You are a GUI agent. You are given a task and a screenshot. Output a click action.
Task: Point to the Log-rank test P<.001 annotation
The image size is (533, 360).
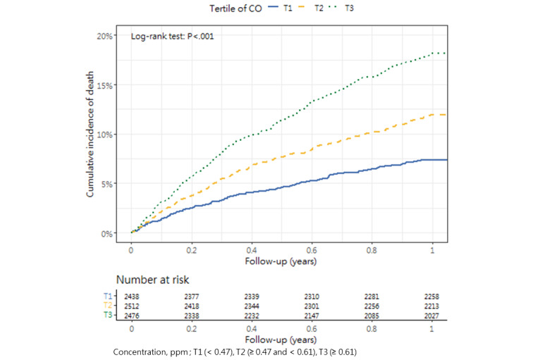[x=173, y=35]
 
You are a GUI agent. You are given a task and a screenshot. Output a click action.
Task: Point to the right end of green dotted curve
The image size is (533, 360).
[x=446, y=53]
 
